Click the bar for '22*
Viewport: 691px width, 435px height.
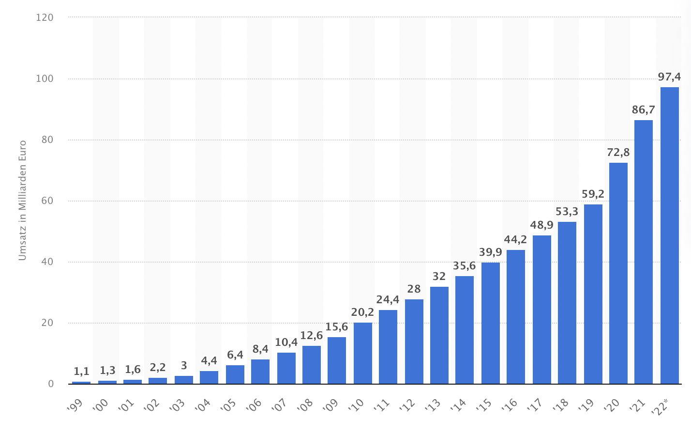tap(669, 235)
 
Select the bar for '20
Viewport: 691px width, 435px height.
tap(618, 273)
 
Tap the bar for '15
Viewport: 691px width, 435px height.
tap(490, 323)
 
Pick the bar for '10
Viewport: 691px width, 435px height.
tap(362, 353)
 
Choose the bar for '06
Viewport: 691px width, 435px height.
tap(260, 372)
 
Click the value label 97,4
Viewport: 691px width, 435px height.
tap(669, 77)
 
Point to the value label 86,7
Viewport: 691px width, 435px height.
tap(643, 109)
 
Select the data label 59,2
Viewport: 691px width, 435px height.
tap(593, 194)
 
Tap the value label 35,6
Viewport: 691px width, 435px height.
tap(464, 265)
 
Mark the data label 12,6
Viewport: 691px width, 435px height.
tap(311, 335)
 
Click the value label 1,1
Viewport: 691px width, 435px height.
tap(81, 371)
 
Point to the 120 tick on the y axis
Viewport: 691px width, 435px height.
tap(45, 17)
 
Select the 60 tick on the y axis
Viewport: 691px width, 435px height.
tap(47, 201)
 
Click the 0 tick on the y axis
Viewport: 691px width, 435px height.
tap(50, 384)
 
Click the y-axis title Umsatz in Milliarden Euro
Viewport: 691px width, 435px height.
tap(22, 200)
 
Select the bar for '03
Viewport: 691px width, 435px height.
tap(183, 380)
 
